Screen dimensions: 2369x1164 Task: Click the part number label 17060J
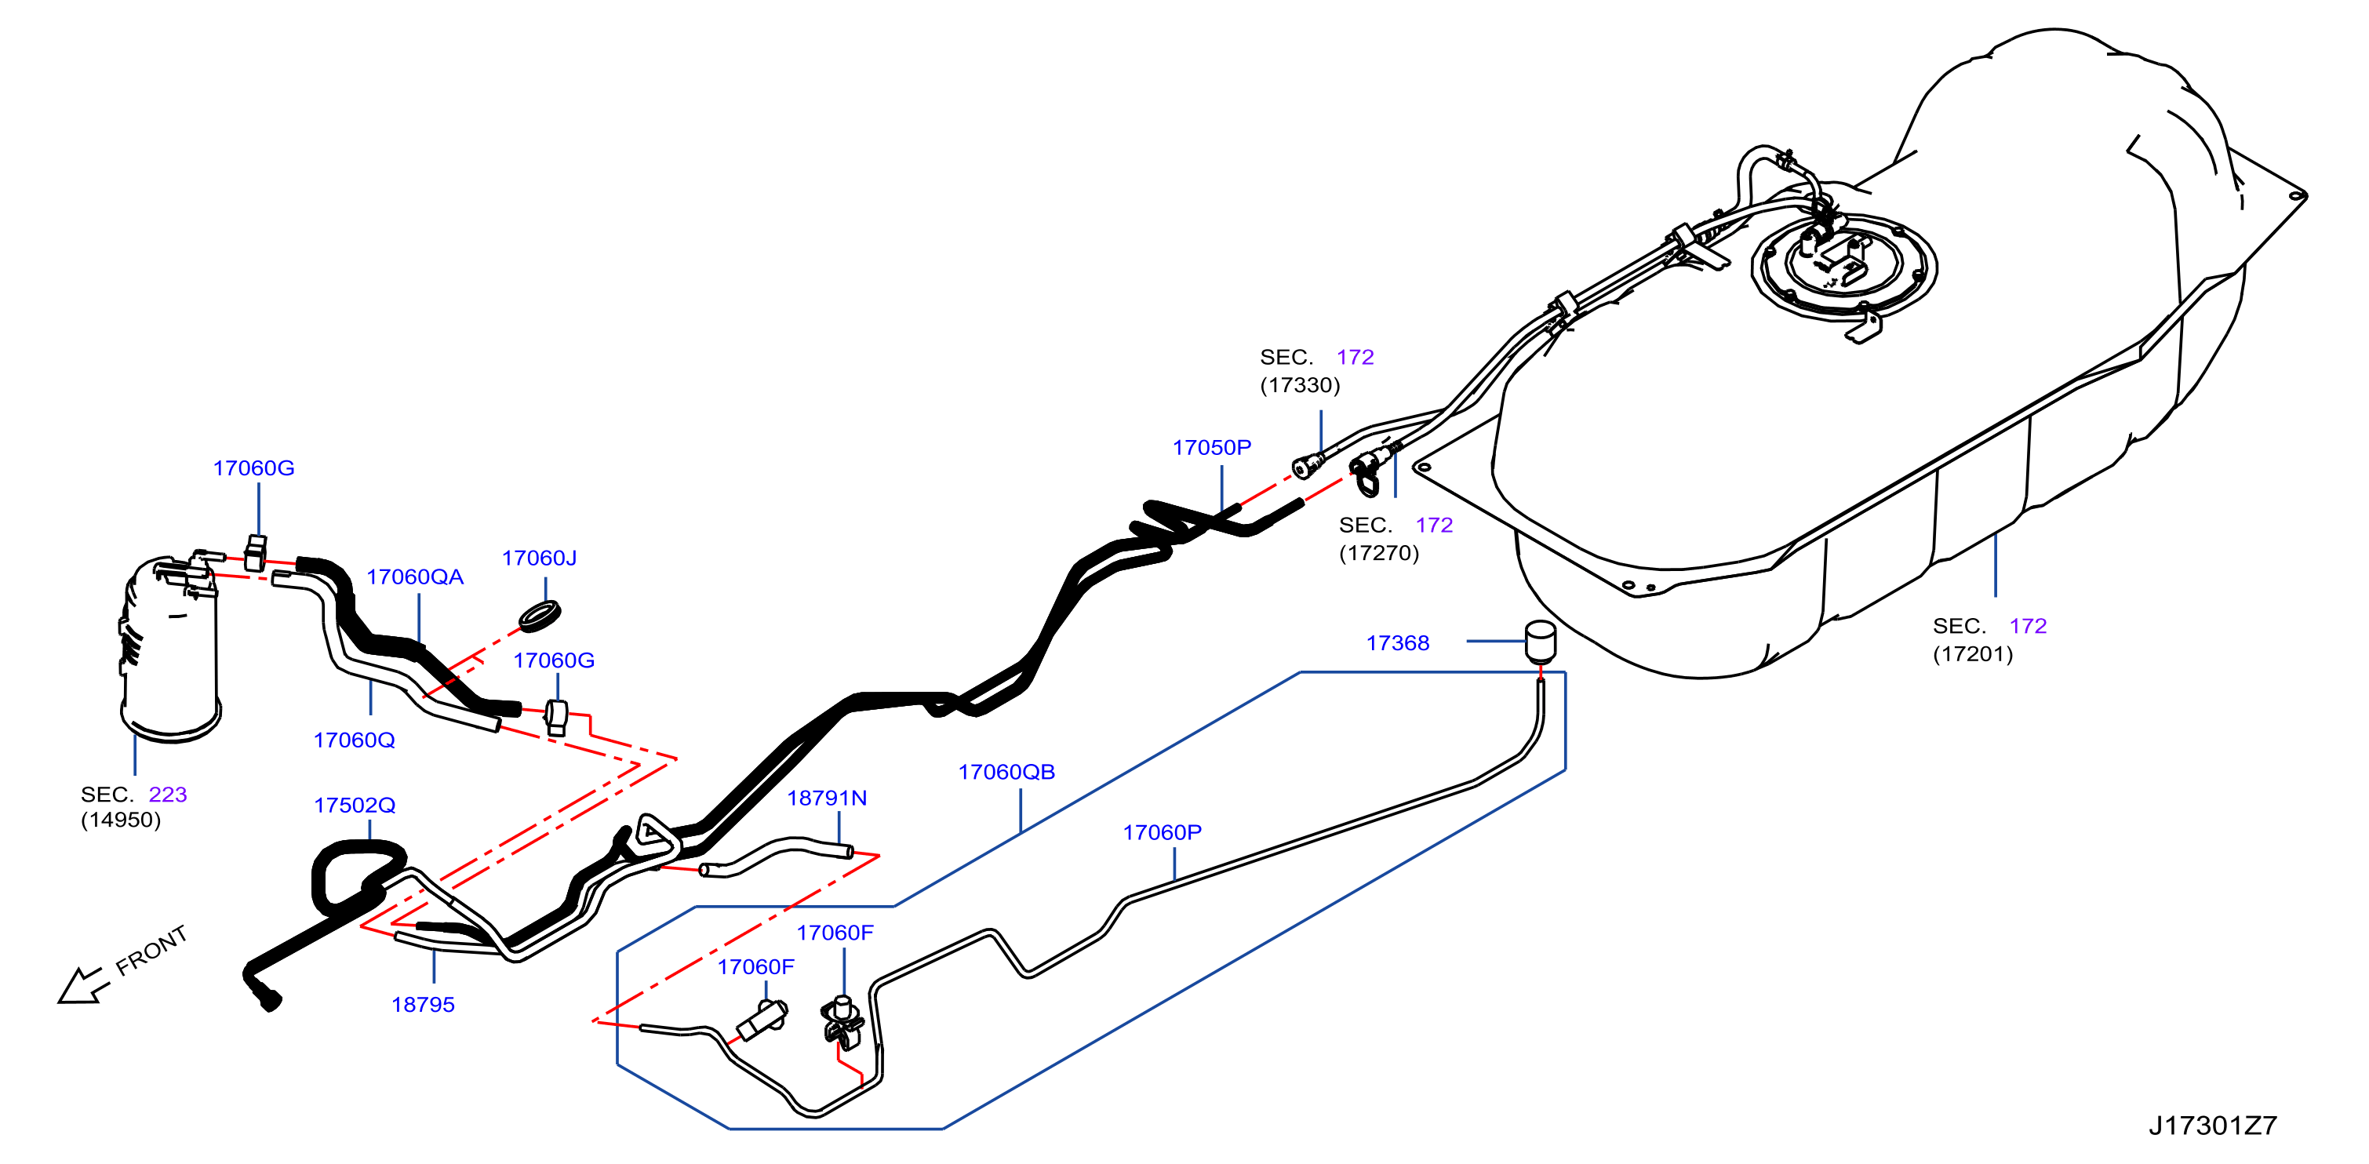539,558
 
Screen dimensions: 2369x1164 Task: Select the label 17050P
1211,448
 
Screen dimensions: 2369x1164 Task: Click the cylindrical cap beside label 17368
1541,641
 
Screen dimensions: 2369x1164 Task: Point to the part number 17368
1397,642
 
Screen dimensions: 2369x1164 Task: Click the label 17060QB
1006,773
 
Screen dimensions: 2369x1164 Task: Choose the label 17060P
1162,832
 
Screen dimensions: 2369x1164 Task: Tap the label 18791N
827,798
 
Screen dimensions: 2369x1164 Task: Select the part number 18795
423,1005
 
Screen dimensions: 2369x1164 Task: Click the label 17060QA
415,577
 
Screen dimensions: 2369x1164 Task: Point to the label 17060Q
354,740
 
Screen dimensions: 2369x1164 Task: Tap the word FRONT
151,950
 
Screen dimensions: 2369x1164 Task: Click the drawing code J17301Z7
2213,1126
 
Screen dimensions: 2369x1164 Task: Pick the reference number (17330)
1300,385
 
